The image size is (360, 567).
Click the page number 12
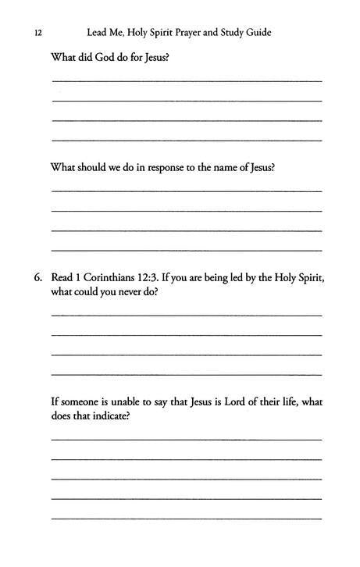(37, 34)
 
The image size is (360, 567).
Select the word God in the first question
(106, 59)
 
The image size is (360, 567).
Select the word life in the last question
(287, 401)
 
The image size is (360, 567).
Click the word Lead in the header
(97, 34)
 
